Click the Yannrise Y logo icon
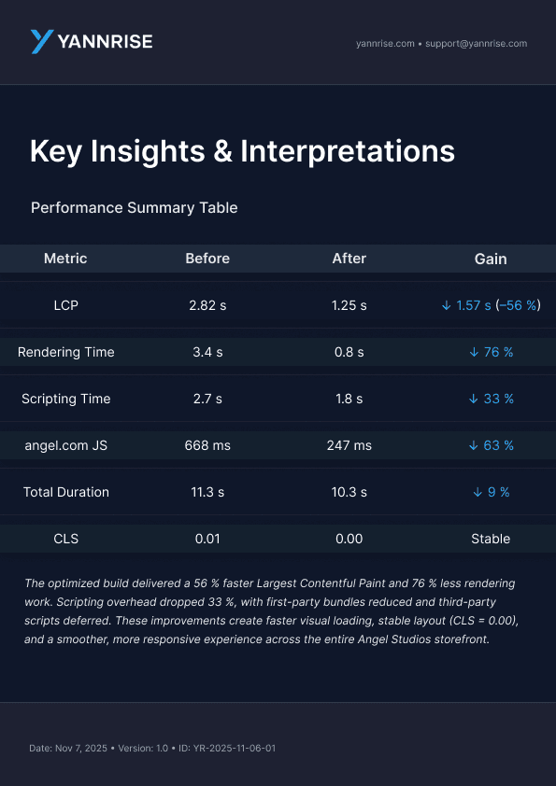coord(42,41)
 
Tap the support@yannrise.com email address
coord(476,44)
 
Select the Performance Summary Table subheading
coord(134,207)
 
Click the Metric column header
coord(65,259)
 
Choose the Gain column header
coord(491,259)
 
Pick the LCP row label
coord(65,305)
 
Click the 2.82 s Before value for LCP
coord(207,305)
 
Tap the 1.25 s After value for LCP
coord(349,305)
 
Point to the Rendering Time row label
coord(65,352)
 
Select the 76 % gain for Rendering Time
coord(491,352)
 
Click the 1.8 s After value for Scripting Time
coord(349,399)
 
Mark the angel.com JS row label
coord(65,445)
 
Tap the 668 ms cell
coord(207,445)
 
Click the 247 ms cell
coord(349,445)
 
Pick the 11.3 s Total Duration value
coord(207,492)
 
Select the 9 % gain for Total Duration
coord(491,492)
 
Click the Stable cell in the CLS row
coord(491,539)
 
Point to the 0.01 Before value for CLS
coord(207,539)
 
